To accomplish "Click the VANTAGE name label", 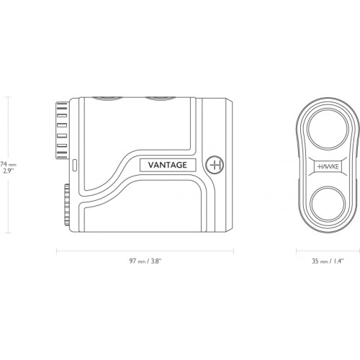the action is coord(168,165).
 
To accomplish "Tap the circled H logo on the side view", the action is coord(215,165).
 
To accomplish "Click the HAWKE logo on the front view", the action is coord(328,166).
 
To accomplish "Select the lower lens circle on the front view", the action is coord(328,204).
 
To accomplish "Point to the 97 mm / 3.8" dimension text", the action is coord(145,261).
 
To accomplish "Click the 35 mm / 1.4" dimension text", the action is coord(328,261).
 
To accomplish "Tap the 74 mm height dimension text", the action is coord(8,165).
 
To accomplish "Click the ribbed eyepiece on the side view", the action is coord(62,130).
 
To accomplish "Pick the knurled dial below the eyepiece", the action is coord(67,204).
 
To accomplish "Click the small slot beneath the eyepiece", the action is coord(74,165).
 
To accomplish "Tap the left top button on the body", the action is coord(107,98).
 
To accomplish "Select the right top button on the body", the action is coord(161,98).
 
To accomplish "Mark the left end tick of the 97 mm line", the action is coord(56,251).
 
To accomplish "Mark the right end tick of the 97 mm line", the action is coord(233,251).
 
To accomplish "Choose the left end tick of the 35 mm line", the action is coord(297,251).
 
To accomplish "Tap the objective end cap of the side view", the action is coord(229,165).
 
